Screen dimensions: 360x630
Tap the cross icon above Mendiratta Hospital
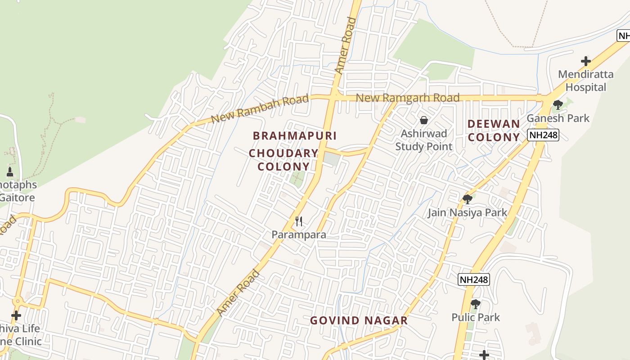[585, 61]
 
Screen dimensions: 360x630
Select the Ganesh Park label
[558, 118]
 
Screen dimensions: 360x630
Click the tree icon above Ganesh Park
[558, 105]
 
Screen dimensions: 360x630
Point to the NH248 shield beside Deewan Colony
[543, 135]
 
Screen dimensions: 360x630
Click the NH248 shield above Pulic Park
[473, 279]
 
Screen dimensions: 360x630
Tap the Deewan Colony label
[494, 130]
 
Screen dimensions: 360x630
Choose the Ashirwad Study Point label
[423, 140]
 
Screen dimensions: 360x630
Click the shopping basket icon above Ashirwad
[423, 120]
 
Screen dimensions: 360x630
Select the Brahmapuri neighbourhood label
[295, 135]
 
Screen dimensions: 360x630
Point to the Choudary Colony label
[283, 160]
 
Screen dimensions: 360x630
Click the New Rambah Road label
[260, 109]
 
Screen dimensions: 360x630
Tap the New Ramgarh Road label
[407, 98]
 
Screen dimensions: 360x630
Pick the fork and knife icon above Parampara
[298, 221]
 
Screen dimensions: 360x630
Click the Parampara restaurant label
[299, 234]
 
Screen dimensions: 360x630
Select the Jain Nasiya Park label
[468, 212]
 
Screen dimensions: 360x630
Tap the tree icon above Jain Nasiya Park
[468, 199]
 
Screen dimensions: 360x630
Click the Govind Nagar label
[359, 320]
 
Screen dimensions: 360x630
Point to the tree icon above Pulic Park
[475, 304]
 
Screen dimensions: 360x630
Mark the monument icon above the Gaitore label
[10, 172]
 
